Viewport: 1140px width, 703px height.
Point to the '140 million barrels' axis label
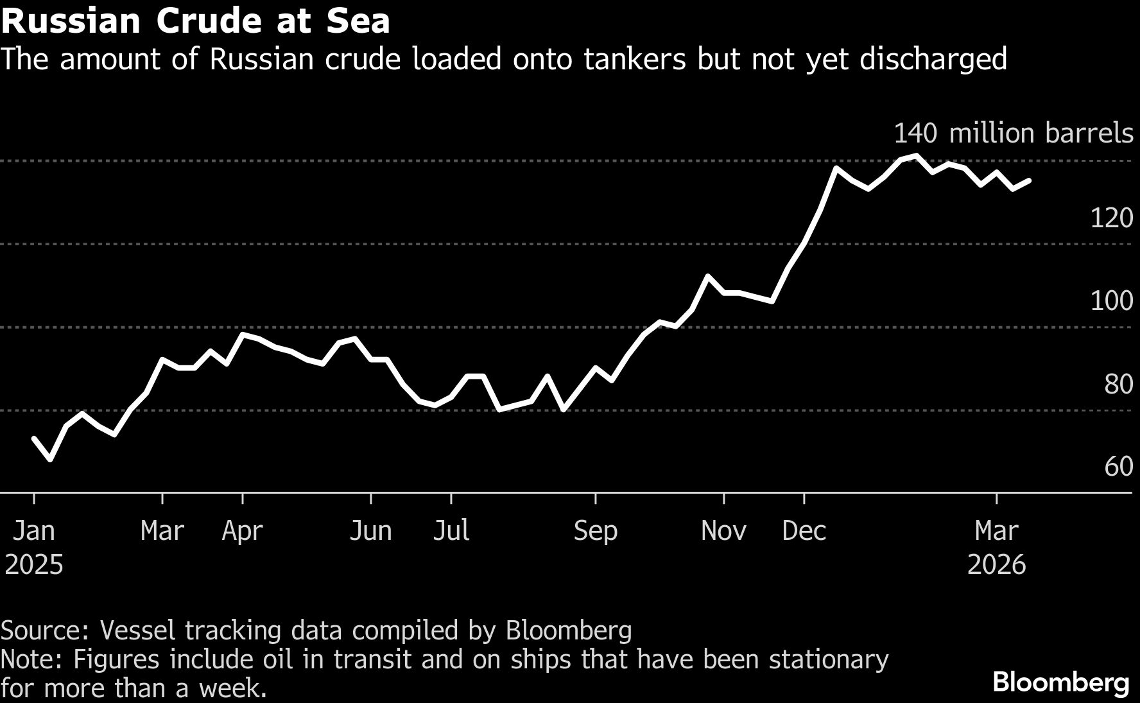tap(1013, 133)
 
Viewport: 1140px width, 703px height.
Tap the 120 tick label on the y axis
tap(1111, 218)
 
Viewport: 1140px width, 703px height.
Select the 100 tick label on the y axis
tap(1111, 300)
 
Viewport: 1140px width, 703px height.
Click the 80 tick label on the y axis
tap(1118, 384)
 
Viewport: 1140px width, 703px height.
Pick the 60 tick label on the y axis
tap(1118, 467)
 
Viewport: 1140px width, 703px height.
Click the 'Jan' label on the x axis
tap(34, 531)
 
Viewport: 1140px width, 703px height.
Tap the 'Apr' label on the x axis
tap(243, 531)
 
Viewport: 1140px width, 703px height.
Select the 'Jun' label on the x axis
tap(370, 531)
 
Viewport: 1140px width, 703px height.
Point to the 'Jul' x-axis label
tap(451, 531)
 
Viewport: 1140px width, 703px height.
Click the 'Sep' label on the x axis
tap(596, 531)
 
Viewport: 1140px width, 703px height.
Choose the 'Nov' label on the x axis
tap(723, 531)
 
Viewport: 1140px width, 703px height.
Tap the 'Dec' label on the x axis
tap(804, 531)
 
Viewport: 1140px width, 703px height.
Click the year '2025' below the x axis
tap(34, 565)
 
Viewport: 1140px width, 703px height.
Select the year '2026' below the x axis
tap(996, 565)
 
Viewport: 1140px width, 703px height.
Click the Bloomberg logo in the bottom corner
tap(1060, 682)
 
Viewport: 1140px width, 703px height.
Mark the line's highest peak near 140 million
tap(916, 155)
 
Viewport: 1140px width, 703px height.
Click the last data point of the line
tap(1029, 181)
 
